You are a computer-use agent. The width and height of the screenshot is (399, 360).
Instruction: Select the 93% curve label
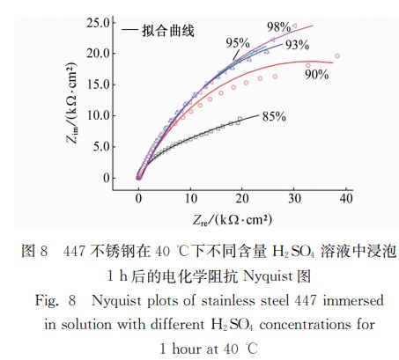coord(296,45)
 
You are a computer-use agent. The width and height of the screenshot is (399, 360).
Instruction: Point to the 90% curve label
coord(315,75)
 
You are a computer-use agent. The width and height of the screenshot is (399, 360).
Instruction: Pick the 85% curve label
coord(274,115)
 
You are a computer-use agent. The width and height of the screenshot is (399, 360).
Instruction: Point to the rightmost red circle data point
coord(337,56)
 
